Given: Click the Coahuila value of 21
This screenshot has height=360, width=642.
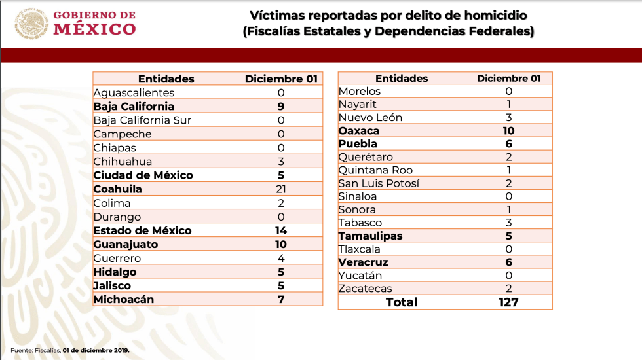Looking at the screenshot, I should coord(281,189).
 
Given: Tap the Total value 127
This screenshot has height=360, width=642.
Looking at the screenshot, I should coord(508,302).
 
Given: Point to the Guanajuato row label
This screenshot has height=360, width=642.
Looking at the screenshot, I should coord(125,244).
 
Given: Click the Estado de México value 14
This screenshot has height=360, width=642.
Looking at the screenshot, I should coord(281,230).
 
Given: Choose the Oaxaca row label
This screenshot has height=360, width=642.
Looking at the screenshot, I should coord(359,131).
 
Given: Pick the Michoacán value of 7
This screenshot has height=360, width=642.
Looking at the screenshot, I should coord(281,299).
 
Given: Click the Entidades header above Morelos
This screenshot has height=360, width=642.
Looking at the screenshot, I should coord(402,78).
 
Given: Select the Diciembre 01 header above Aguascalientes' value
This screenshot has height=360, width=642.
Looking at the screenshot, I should coord(281,79).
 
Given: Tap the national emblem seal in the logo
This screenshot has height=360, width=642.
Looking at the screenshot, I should coord(31,23).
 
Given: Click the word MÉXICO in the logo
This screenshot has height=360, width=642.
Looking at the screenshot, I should coord(94,29).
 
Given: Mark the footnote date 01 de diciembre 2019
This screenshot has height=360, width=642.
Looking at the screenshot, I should coord(96,350).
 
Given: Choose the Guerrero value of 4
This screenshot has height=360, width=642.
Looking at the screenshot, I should coord(281,258).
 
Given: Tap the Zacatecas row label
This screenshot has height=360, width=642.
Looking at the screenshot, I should coord(366,289).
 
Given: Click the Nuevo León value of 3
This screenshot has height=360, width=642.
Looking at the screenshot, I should coord(508,118).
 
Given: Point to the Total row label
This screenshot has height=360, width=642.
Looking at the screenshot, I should coord(402,302).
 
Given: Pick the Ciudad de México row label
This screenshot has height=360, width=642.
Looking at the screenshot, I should coord(143,175).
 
